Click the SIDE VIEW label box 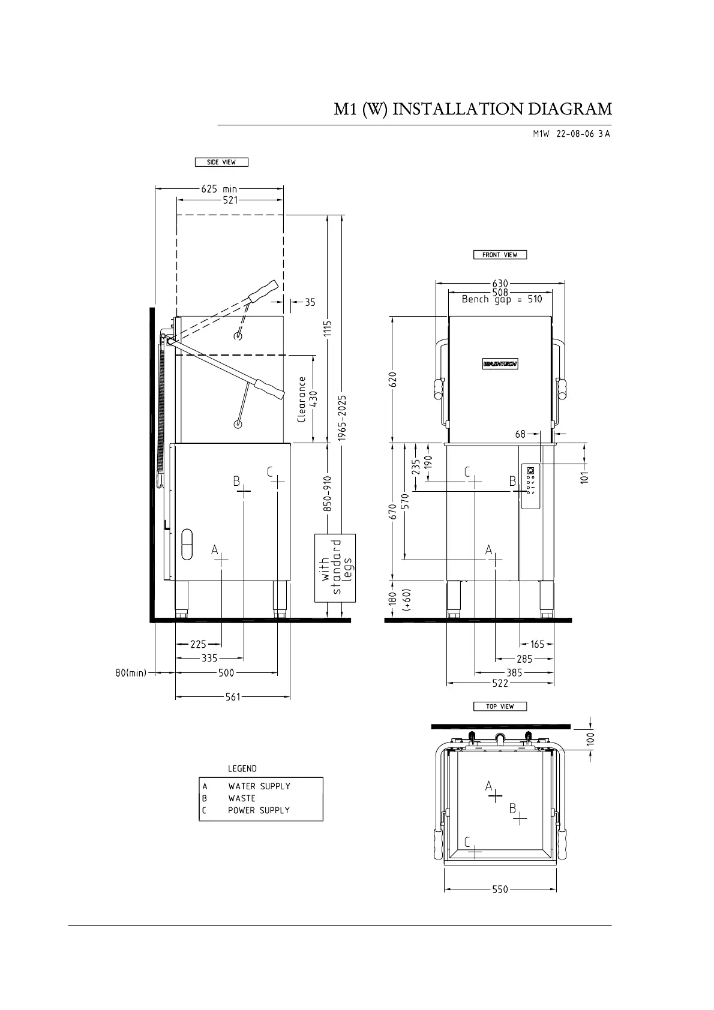point(221,162)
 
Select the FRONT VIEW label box point(500,255)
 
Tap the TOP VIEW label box point(500,706)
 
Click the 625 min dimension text point(219,189)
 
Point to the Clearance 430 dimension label point(308,399)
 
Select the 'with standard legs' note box point(335,568)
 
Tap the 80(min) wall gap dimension point(131,673)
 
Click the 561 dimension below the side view point(233,697)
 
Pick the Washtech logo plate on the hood point(500,363)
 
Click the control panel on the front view point(530,486)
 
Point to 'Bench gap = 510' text point(502,299)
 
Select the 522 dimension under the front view point(500,684)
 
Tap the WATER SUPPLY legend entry point(259,786)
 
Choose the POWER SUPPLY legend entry point(259,810)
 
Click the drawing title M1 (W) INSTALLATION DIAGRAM point(473,109)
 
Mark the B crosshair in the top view point(520,818)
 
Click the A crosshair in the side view point(221,560)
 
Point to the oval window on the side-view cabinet point(187,544)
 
